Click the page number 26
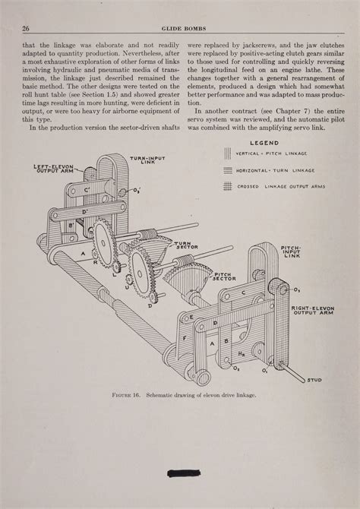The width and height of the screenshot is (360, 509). (x=26, y=29)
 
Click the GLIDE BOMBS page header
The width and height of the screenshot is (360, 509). (x=179, y=29)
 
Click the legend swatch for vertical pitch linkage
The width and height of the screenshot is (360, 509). (x=228, y=154)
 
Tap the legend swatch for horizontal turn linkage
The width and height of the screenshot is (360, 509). (x=228, y=170)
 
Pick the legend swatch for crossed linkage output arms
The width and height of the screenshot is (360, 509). (x=228, y=186)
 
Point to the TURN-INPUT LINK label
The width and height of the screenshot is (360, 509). (x=147, y=160)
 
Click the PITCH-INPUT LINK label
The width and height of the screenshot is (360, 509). (x=292, y=252)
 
